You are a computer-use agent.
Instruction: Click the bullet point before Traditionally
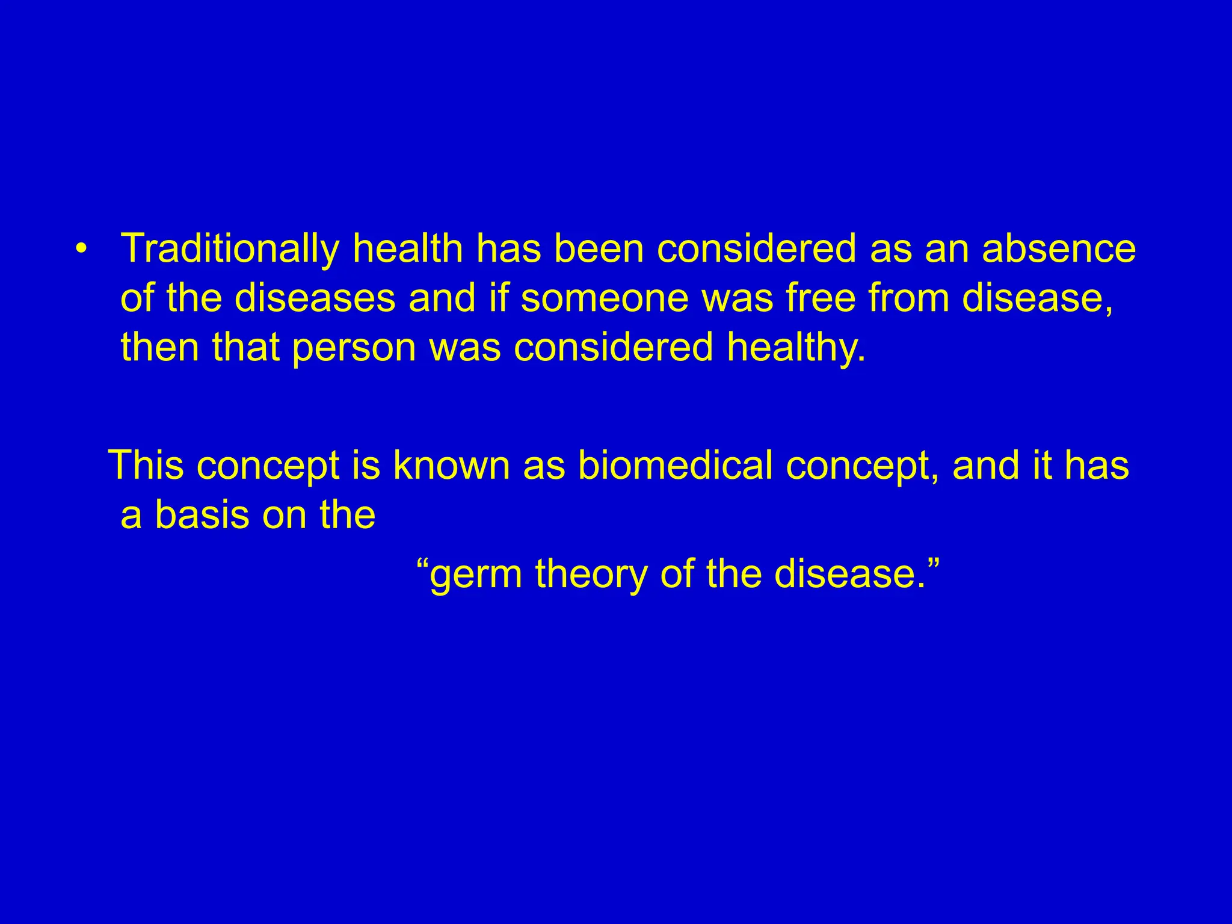[82, 248]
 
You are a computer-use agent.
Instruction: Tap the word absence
[1059, 249]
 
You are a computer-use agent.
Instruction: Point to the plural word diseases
[315, 298]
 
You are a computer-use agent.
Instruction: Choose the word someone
[605, 298]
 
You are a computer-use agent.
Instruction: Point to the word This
[147, 466]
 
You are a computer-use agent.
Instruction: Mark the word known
[451, 466]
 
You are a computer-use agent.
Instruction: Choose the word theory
[591, 574]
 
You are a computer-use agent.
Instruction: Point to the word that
[246, 348]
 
